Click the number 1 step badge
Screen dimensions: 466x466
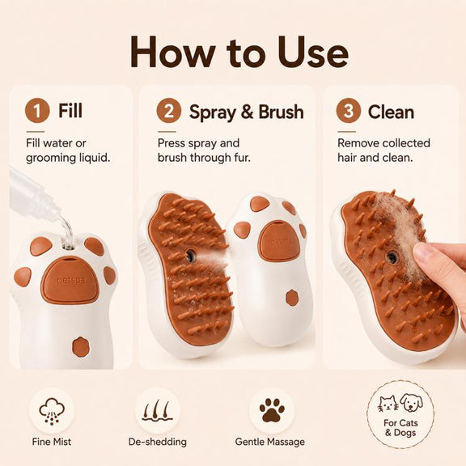click(37, 111)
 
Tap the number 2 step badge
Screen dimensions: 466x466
click(169, 111)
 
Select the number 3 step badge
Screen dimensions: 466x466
click(349, 111)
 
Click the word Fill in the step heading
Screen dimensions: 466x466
click(70, 110)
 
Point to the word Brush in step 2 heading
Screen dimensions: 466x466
click(281, 112)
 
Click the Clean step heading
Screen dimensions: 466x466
click(391, 112)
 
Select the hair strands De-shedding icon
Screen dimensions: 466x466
click(157, 411)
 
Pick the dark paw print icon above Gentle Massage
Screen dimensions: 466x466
click(272, 410)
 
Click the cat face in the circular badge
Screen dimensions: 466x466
click(388, 404)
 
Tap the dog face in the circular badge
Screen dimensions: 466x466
click(411, 403)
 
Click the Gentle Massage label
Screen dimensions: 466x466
click(270, 442)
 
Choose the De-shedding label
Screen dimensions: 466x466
click(158, 442)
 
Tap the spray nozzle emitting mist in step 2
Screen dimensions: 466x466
click(190, 256)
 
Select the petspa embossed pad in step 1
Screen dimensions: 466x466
click(70, 280)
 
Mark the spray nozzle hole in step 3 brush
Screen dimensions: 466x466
click(392, 257)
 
